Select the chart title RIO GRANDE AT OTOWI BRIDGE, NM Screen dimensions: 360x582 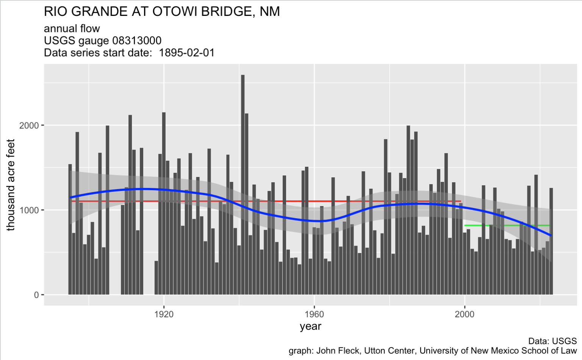pos(162,12)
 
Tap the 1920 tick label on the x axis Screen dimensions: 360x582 pos(164,314)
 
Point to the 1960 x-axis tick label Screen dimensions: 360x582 pos(314,314)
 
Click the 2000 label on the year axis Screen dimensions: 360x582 pos(465,314)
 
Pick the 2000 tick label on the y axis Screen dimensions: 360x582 pos(29,125)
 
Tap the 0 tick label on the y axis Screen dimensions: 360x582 pos(36,295)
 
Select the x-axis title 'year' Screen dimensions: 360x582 pos(310,326)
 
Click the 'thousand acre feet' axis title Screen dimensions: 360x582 pos(11,185)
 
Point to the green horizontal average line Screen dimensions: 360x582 pos(493,225)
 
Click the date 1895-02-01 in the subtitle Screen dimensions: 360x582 pos(187,53)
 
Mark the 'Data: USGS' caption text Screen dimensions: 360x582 pos(552,341)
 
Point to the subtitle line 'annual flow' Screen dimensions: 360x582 pos(72,28)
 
